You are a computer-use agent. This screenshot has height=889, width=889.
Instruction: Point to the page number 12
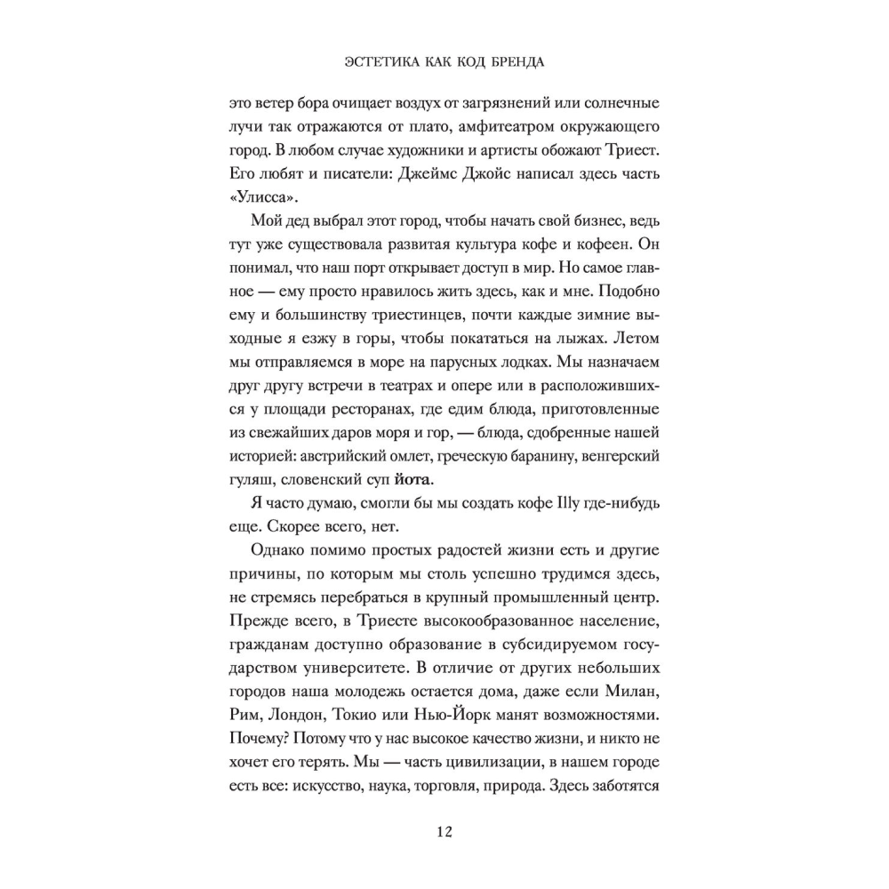tap(444, 832)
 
